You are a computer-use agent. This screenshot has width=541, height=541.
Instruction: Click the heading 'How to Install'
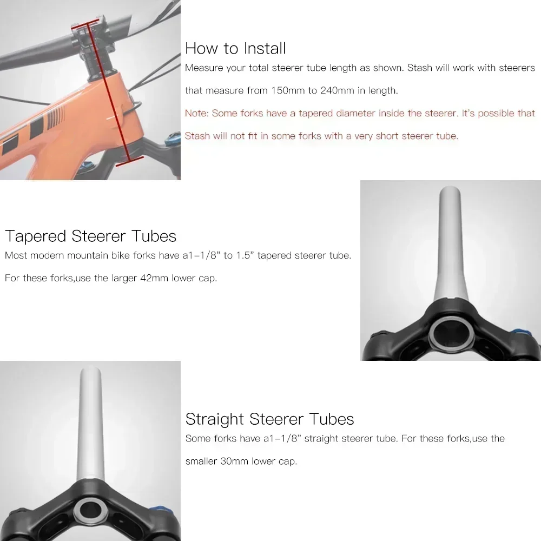235,49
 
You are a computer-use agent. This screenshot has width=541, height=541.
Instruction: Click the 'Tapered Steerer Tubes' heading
90,236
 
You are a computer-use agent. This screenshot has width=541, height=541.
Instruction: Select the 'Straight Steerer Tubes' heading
269,419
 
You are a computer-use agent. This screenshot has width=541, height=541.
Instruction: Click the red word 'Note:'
197,113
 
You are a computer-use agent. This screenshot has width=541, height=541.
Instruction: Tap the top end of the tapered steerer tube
449,188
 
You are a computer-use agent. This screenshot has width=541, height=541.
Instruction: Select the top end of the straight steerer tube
90,368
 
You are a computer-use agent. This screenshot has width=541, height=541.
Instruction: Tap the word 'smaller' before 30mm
201,461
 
